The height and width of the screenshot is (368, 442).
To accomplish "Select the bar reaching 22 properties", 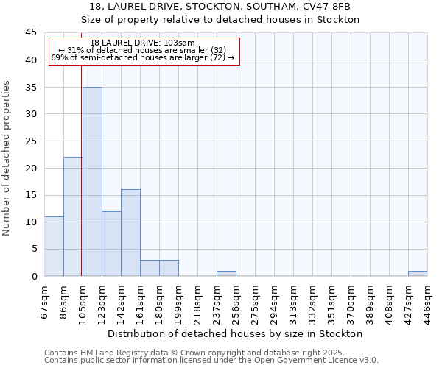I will coord(72,216).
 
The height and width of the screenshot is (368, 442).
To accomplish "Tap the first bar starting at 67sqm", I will coord(54,246).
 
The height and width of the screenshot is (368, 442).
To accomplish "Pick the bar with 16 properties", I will coord(130,233).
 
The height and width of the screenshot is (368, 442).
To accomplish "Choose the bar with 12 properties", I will coord(111,244).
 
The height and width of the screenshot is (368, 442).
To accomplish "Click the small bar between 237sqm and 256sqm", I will coord(226,273).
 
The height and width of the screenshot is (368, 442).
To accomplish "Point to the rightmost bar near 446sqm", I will coord(418,273).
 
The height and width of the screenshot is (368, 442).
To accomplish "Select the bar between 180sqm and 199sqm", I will coord(169,268).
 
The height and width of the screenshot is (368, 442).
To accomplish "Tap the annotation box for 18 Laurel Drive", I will coord(144,50).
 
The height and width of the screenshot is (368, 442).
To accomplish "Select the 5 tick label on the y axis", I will coord(33,249).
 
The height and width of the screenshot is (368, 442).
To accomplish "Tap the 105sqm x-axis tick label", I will coord(83,300).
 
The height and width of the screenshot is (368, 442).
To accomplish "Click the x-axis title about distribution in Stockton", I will coord(240,333).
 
